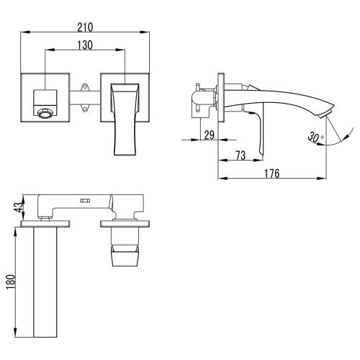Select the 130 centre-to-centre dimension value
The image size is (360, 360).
(x=86, y=45)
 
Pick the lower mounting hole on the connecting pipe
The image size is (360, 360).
(x=85, y=109)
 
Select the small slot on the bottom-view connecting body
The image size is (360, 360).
(x=84, y=201)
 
